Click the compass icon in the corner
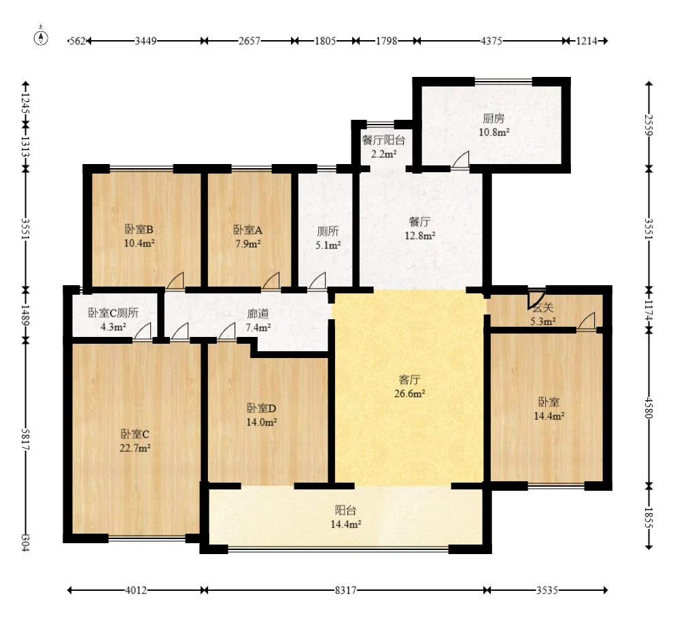(x=41, y=37)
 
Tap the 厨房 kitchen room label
(x=494, y=118)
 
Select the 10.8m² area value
(x=494, y=132)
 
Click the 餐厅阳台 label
(x=383, y=140)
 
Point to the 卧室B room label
(x=139, y=229)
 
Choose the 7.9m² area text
(x=247, y=244)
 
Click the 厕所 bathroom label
(x=328, y=231)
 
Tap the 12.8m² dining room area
(x=419, y=236)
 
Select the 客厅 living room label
(x=409, y=379)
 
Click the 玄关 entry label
(x=543, y=307)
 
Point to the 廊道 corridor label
(x=258, y=313)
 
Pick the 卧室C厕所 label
(x=114, y=312)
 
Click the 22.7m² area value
(x=135, y=448)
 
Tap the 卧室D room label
(x=261, y=408)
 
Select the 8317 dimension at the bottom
(x=346, y=590)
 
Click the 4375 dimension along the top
(x=491, y=41)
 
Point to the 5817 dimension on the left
(x=25, y=439)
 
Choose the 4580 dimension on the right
(x=648, y=407)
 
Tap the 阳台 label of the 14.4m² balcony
(x=346, y=511)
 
